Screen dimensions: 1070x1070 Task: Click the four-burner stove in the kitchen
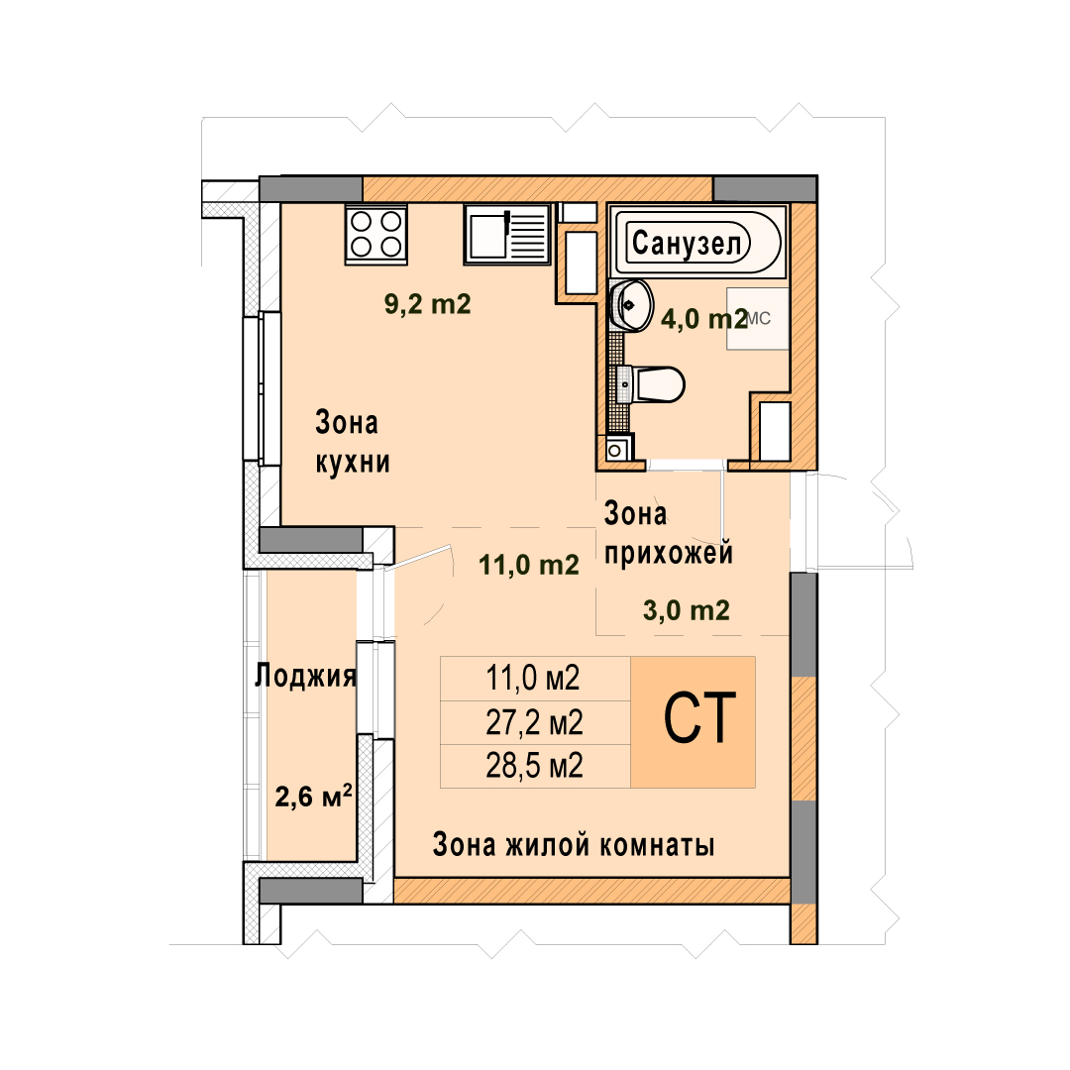pyautogui.click(x=376, y=234)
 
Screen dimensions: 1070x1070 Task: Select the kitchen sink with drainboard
pyautogui.click(x=507, y=234)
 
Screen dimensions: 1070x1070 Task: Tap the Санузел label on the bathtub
pyautogui.click(x=688, y=243)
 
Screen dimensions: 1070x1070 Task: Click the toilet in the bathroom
pyautogui.click(x=650, y=384)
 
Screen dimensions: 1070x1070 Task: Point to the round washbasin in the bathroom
pyautogui.click(x=631, y=305)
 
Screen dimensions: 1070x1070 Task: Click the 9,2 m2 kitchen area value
pyautogui.click(x=428, y=304)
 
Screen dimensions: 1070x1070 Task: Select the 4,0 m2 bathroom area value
pyautogui.click(x=704, y=318)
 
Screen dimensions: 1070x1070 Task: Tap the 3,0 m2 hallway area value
pyautogui.click(x=687, y=610)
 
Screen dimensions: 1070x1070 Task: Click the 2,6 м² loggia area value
pyautogui.click(x=313, y=796)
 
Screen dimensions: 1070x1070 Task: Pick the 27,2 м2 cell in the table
pyautogui.click(x=535, y=722)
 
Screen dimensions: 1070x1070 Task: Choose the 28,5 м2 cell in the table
pyautogui.click(x=535, y=766)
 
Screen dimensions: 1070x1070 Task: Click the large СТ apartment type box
pyautogui.click(x=693, y=722)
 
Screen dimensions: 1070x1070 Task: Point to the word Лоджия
pyautogui.click(x=306, y=676)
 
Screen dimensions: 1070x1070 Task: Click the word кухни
pyautogui.click(x=353, y=462)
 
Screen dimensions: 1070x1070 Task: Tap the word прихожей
pyautogui.click(x=669, y=554)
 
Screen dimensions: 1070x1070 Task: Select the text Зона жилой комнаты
pyautogui.click(x=574, y=845)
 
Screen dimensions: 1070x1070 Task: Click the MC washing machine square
pyautogui.click(x=758, y=319)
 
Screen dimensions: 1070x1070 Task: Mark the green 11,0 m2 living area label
pyautogui.click(x=529, y=565)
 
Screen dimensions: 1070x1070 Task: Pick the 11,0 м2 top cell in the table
pyautogui.click(x=535, y=679)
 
